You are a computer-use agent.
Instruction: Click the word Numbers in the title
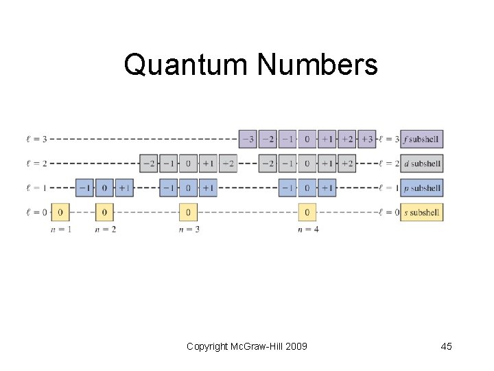[x=317, y=65]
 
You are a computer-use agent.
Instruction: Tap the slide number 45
[x=446, y=346]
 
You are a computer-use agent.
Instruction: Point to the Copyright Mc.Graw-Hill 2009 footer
[x=247, y=346]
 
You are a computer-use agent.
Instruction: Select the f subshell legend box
[x=421, y=139]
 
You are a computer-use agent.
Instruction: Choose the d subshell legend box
[x=421, y=164]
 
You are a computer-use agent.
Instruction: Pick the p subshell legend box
[x=421, y=188]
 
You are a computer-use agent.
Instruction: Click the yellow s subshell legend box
[x=421, y=212]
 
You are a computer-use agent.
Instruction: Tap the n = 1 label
[x=60, y=229]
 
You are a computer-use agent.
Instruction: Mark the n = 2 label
[x=105, y=229]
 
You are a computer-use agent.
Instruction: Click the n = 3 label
[x=189, y=229]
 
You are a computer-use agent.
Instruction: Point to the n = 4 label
[x=308, y=229]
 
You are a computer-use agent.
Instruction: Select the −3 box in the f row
[x=248, y=139]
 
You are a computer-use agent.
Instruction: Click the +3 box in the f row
[x=367, y=139]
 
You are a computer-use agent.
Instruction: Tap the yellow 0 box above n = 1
[x=60, y=212]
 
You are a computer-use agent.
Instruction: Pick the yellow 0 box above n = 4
[x=307, y=212]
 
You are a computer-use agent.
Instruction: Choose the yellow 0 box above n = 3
[x=188, y=212]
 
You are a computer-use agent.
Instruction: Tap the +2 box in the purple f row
[x=347, y=139]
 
